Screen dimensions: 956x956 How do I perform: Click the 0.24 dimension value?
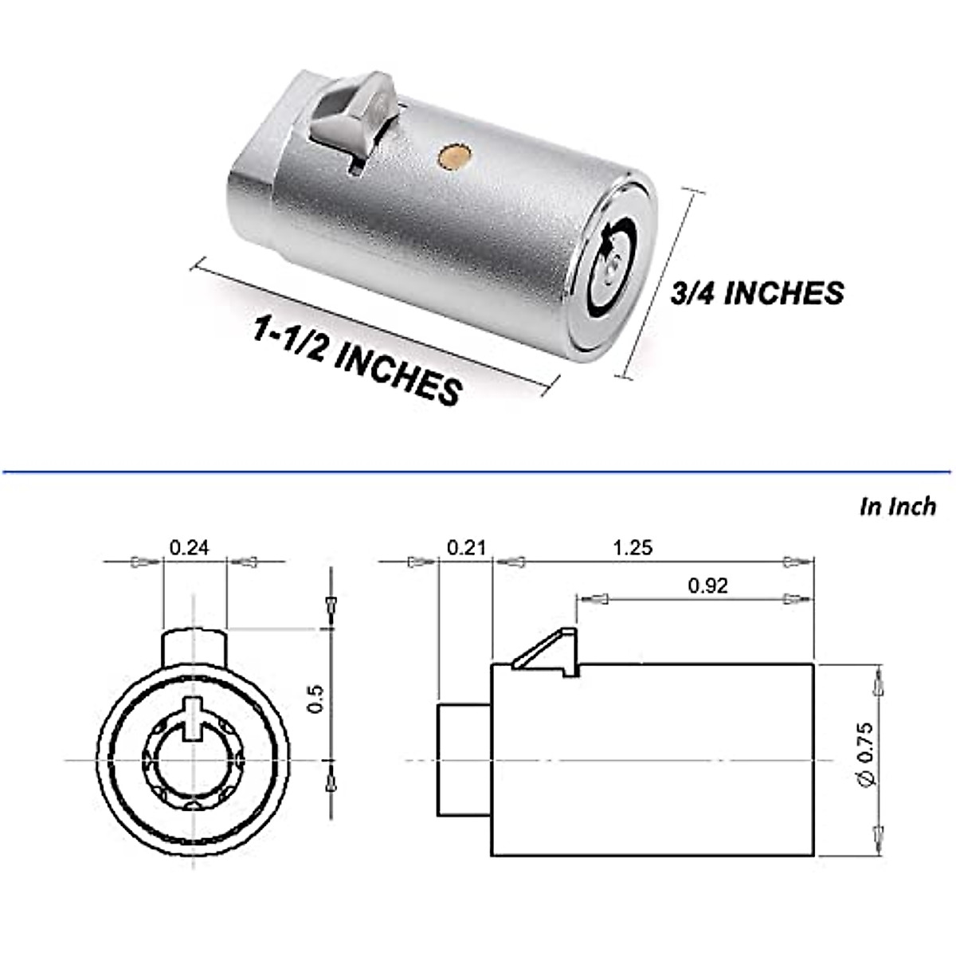189,548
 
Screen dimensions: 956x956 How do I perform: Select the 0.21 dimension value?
466,548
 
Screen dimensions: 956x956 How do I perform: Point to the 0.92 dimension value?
707,586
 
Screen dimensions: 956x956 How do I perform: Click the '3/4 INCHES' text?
757,293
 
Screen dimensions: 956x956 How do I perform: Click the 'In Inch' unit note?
898,507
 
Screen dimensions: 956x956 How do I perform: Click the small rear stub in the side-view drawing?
464,760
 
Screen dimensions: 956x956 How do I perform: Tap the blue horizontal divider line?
478,472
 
